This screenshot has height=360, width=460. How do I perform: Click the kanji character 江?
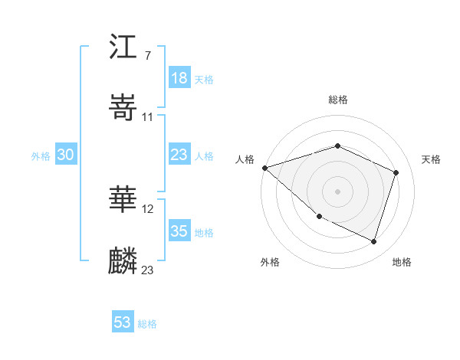123,47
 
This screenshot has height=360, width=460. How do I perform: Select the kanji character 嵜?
123,108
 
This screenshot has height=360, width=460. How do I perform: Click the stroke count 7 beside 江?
147,56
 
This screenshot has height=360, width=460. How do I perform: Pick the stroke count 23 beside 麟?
147,270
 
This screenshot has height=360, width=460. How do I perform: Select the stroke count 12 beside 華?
148,208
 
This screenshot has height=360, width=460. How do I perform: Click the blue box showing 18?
179,78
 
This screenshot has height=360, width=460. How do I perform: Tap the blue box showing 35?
179,231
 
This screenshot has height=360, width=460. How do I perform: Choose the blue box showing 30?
66,155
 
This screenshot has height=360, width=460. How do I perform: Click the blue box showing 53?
123,322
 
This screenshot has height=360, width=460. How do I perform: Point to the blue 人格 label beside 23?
204,155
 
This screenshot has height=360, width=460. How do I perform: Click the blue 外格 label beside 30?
40,155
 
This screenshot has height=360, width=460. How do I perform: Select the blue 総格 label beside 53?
147,323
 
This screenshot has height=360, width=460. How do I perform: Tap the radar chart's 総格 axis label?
337,100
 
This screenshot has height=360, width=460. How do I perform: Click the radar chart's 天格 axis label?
432,159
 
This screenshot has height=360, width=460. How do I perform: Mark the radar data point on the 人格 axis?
264,168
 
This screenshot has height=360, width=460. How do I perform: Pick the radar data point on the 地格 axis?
373,241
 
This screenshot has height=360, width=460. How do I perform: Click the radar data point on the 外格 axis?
319,217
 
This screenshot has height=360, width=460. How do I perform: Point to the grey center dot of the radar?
337,191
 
